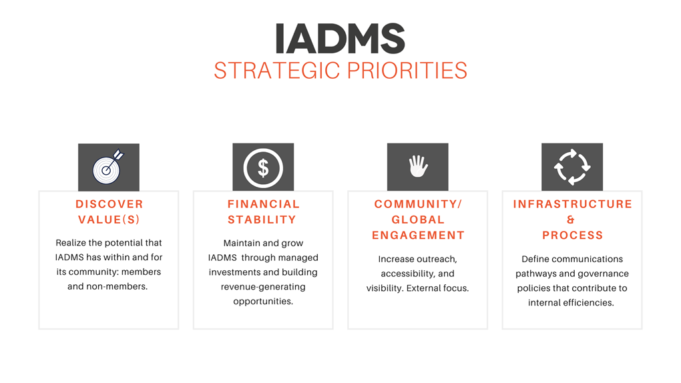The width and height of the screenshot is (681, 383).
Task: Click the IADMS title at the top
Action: pyautogui.click(x=340, y=39)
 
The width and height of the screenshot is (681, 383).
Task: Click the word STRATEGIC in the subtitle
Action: pyautogui.click(x=276, y=70)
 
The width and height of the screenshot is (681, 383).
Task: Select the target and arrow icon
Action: pyautogui.click(x=108, y=167)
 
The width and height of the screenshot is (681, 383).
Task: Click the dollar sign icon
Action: pyautogui.click(x=263, y=167)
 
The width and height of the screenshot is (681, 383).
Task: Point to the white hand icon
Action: pyautogui.click(x=418, y=166)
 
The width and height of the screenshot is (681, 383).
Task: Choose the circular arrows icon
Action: pyautogui.click(x=572, y=167)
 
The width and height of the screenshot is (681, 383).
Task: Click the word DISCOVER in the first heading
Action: pyautogui.click(x=109, y=204)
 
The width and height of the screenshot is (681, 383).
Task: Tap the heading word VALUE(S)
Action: pyautogui.click(x=109, y=220)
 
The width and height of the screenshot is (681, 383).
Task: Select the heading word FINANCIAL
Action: pyautogui.click(x=264, y=204)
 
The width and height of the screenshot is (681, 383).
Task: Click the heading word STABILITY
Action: pyautogui.click(x=262, y=220)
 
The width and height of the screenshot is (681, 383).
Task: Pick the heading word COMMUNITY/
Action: pyautogui.click(x=418, y=204)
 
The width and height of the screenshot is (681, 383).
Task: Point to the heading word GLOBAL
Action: pyautogui.click(x=418, y=220)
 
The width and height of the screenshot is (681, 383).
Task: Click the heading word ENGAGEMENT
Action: pyautogui.click(x=418, y=236)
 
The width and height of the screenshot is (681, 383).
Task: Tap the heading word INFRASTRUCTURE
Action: pyautogui.click(x=572, y=204)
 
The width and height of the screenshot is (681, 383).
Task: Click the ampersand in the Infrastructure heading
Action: pyautogui.click(x=571, y=220)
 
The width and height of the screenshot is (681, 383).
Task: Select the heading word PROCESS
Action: pyautogui.click(x=572, y=236)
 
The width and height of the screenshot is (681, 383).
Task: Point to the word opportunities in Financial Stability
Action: pyautogui.click(x=263, y=302)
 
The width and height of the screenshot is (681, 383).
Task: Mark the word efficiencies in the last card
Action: pyautogui.click(x=588, y=303)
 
